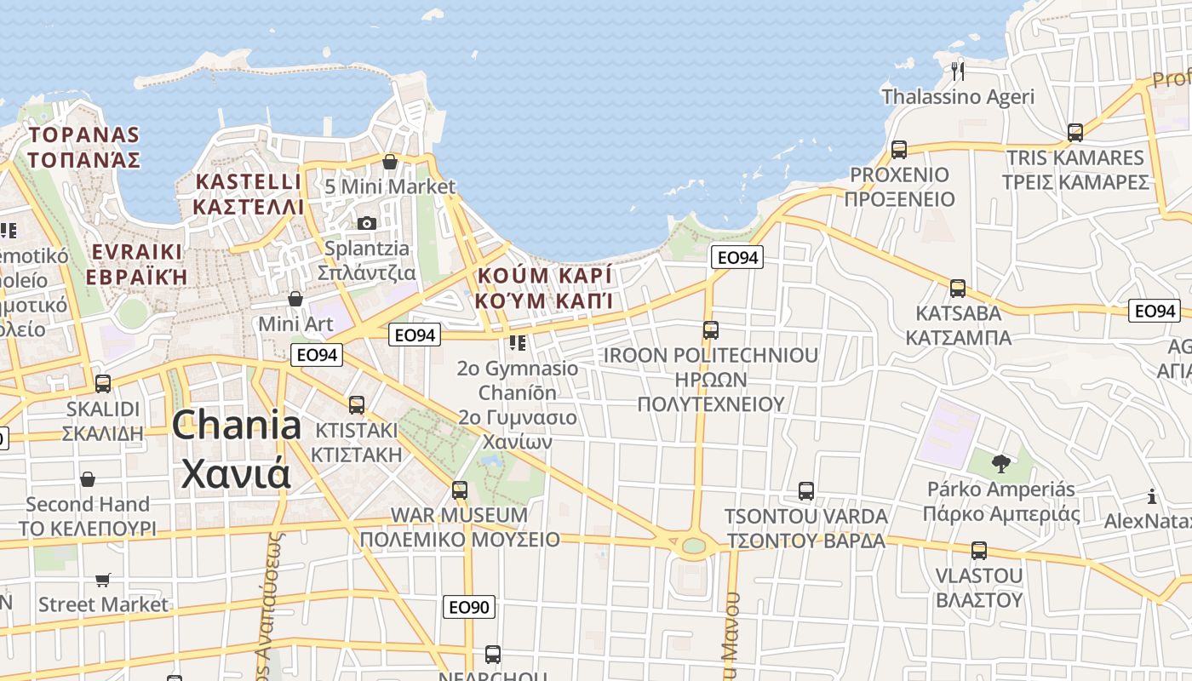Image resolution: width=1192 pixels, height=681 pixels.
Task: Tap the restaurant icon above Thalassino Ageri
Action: (x=958, y=69)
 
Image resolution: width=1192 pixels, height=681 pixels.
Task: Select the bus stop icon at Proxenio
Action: (x=898, y=150)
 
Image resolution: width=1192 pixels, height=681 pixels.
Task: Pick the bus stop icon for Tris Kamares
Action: (x=1075, y=133)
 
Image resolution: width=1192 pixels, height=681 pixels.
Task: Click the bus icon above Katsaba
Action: (x=958, y=289)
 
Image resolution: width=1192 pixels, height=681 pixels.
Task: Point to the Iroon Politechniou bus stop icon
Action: (x=711, y=330)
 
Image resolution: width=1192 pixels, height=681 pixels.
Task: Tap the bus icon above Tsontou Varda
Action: (x=806, y=491)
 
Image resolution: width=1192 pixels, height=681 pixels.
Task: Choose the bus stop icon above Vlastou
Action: (x=979, y=551)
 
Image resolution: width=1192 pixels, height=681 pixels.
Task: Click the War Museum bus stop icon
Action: (x=460, y=490)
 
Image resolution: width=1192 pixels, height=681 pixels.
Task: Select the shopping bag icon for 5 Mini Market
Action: (x=390, y=161)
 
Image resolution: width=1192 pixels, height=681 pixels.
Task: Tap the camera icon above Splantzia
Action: (x=367, y=223)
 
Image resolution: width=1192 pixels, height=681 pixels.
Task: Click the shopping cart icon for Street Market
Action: (x=103, y=580)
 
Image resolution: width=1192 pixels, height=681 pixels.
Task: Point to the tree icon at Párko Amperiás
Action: (x=1001, y=464)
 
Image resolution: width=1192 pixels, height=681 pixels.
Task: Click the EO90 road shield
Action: (x=469, y=607)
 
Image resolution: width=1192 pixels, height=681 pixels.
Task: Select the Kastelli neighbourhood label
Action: (x=248, y=194)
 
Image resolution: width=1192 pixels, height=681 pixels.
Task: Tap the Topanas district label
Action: (x=83, y=146)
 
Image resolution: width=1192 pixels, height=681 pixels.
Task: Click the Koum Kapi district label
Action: (x=545, y=289)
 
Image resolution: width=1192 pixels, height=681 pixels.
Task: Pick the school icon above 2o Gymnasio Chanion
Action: (x=517, y=343)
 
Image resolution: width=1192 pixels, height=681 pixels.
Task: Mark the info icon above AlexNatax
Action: (x=1152, y=496)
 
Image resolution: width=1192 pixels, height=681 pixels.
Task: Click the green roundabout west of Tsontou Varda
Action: (x=694, y=546)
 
